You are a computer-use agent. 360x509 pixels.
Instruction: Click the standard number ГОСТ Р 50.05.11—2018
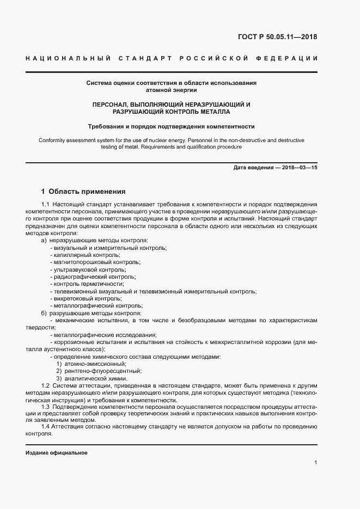277,37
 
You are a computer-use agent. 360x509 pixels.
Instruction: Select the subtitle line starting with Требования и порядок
172,126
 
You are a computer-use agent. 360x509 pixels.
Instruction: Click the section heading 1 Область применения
83,192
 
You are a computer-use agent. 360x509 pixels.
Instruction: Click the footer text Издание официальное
57,453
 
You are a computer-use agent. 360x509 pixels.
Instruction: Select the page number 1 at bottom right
315,463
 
